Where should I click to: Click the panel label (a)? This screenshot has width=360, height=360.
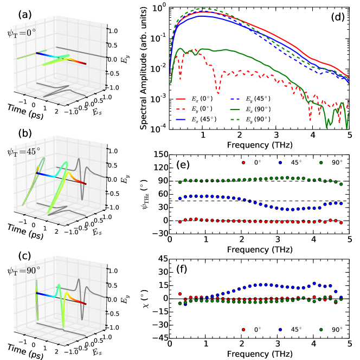point(12,12)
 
